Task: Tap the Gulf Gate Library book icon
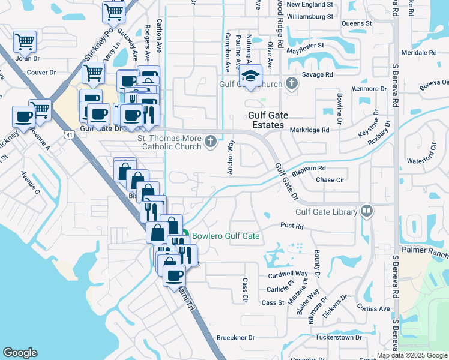point(366,211)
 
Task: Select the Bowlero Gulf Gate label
point(226,236)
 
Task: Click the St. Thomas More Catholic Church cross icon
point(211,142)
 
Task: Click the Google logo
point(20,353)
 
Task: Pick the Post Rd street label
point(292,226)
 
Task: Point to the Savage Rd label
point(317,75)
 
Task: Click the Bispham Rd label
point(309,170)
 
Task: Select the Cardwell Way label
point(288,274)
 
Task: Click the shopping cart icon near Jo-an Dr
point(25,42)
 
